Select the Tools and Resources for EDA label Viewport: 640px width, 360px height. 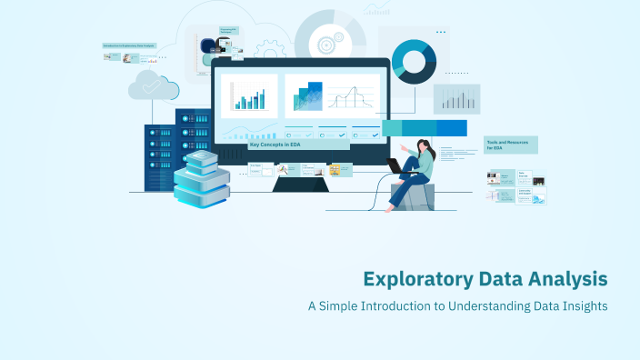510,145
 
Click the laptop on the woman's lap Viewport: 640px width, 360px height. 396,165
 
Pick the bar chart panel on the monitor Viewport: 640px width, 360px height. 248,95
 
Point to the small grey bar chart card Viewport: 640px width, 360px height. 456,98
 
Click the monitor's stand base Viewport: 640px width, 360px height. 300,184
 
